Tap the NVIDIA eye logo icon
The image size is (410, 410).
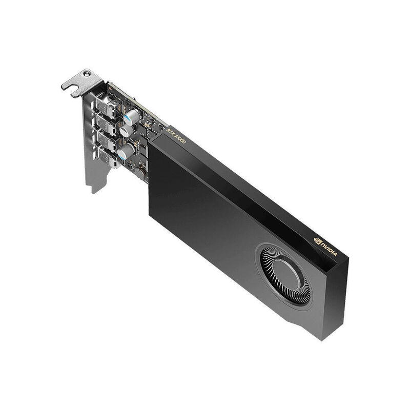[317, 239]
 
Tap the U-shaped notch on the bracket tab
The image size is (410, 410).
[76, 91]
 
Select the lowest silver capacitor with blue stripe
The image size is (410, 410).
[125, 151]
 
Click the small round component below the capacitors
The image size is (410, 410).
[139, 174]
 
